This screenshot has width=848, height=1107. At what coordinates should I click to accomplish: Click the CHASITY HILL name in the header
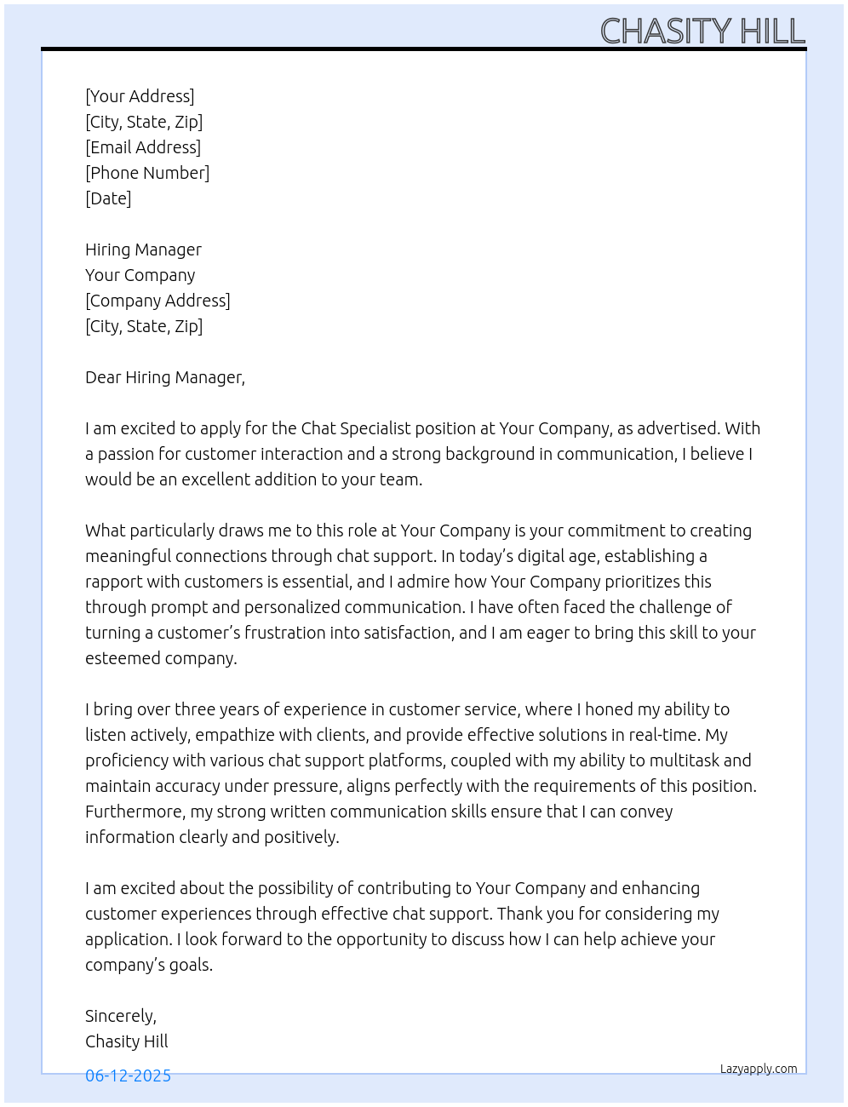click(x=702, y=32)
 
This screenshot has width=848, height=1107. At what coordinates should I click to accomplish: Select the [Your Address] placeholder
click(x=140, y=96)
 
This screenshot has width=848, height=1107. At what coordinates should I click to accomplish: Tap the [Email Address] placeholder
click(x=143, y=147)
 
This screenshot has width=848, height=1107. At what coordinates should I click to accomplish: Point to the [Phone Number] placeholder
click(x=147, y=173)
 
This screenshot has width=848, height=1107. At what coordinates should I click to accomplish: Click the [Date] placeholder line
click(x=108, y=198)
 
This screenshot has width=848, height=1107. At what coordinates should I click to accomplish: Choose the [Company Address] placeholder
click(x=158, y=301)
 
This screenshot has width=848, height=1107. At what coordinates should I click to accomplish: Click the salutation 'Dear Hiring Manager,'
click(x=165, y=377)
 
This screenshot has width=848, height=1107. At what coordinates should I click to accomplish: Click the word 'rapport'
click(x=115, y=582)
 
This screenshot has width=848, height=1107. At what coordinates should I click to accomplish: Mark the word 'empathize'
click(x=232, y=735)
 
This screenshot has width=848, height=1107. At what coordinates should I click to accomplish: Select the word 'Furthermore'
click(x=134, y=812)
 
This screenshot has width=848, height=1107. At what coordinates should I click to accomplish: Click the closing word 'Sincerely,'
click(x=121, y=1016)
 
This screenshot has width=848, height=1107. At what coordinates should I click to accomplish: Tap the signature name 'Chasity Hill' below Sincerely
click(x=127, y=1041)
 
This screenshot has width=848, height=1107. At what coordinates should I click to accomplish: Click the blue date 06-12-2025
click(x=128, y=1075)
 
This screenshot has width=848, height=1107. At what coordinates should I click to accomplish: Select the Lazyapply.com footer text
click(x=759, y=1069)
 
